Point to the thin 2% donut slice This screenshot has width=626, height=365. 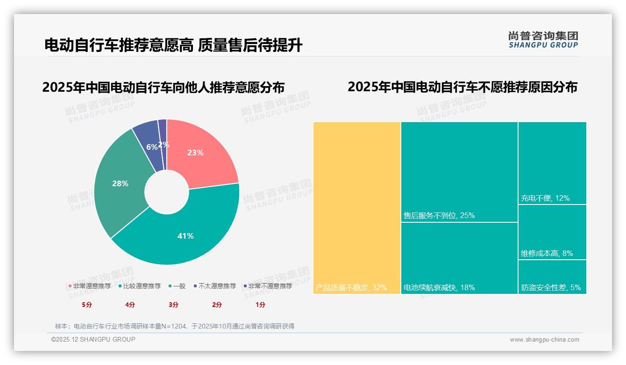[163, 136]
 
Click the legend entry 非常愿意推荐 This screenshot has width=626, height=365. [90, 286]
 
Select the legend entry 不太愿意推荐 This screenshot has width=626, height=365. [214, 286]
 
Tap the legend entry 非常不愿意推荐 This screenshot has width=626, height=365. [267, 286]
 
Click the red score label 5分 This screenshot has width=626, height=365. [87, 305]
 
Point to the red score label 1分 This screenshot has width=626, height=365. [260, 305]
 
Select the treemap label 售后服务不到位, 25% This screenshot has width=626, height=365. [439, 216]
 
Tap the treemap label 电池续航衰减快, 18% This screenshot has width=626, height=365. [439, 287]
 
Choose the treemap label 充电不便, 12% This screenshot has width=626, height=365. [545, 198]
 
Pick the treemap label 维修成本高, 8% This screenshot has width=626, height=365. [547, 254]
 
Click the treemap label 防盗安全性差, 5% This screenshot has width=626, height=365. [551, 287]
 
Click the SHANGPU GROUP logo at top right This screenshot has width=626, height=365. [543, 40]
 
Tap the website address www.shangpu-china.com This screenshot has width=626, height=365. [544, 340]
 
